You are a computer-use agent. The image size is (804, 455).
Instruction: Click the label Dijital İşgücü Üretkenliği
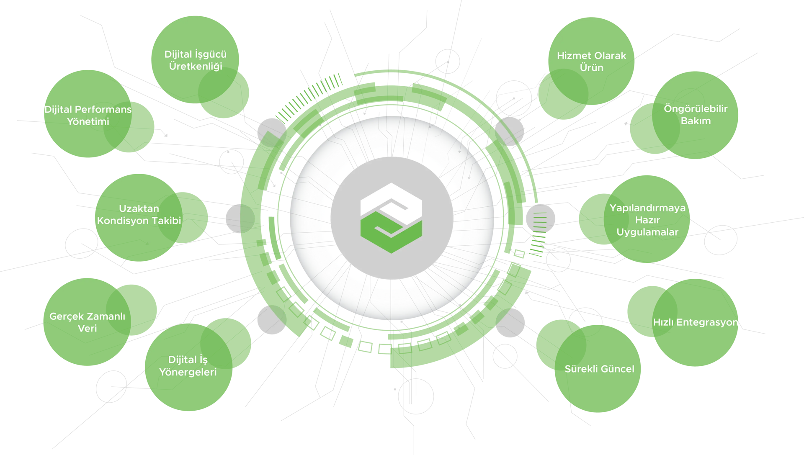click(195, 60)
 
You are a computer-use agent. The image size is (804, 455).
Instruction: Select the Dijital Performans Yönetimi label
click(88, 116)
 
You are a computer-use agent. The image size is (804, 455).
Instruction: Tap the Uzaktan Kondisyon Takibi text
click(139, 214)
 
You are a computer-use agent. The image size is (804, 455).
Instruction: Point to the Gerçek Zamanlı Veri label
click(87, 322)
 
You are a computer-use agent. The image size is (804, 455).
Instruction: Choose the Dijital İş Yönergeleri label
click(188, 366)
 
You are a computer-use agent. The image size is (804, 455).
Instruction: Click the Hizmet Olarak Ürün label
click(591, 62)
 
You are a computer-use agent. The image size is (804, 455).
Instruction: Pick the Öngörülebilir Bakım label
click(696, 115)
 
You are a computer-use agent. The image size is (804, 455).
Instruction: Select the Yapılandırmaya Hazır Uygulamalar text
click(647, 220)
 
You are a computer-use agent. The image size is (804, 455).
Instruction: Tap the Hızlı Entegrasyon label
click(696, 322)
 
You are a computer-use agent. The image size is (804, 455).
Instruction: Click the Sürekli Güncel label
click(599, 369)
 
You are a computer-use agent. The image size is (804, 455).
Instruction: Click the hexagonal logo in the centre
click(391, 218)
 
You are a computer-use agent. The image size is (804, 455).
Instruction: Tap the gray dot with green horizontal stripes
click(540, 219)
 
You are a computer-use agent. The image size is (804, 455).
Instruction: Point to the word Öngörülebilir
click(696, 109)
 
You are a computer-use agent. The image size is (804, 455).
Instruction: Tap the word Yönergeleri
click(188, 372)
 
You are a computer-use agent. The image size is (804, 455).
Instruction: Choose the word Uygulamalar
click(647, 232)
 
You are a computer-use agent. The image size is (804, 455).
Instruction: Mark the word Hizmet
click(572, 56)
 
